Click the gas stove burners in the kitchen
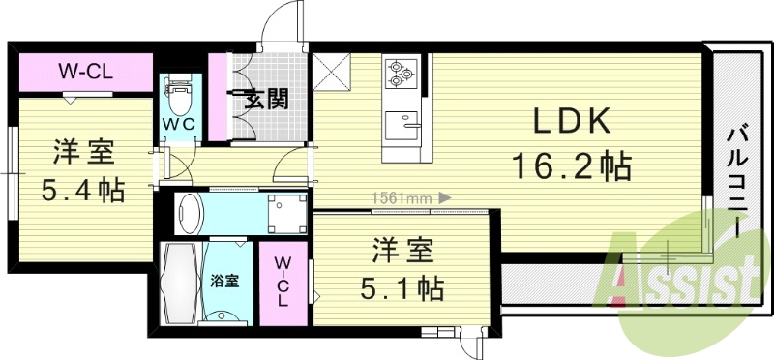pyautogui.click(x=400, y=74)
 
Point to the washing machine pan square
pyautogui.click(x=286, y=212)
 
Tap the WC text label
pyautogui.click(x=182, y=126)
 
